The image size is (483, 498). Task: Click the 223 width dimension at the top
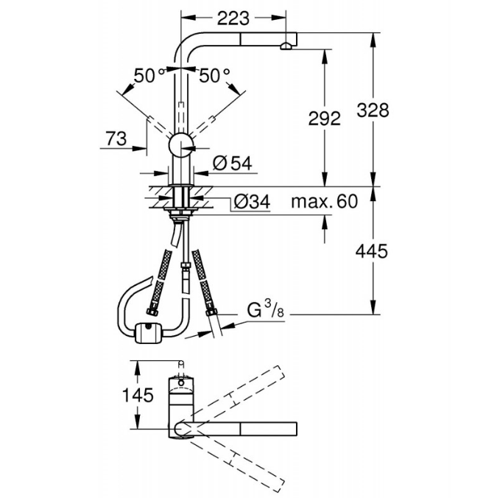pyautogui.click(x=233, y=18)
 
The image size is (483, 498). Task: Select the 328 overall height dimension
pyautogui.click(x=373, y=111)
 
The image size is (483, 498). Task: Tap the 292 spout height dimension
pyautogui.click(x=324, y=119)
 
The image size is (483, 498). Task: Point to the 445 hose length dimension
pyautogui.click(x=372, y=251)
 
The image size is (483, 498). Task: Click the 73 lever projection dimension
pyautogui.click(x=116, y=138)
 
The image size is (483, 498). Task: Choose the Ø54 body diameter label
pyautogui.click(x=233, y=164)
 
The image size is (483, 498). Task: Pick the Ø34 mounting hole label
pyautogui.click(x=253, y=201)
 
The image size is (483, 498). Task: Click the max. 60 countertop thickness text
pyautogui.click(x=324, y=201)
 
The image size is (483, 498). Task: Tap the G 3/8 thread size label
pyautogui.click(x=266, y=309)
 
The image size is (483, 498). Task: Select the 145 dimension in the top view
pyautogui.click(x=138, y=396)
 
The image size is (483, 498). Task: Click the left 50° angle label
pyautogui.click(x=149, y=76)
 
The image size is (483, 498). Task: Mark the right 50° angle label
pyautogui.click(x=214, y=76)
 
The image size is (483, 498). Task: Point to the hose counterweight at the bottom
pyautogui.click(x=149, y=333)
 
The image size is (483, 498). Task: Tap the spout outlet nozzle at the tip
pyautogui.click(x=286, y=46)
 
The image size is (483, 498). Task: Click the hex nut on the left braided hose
pyautogui.click(x=152, y=312)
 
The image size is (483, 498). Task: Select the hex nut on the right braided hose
pyautogui.click(x=211, y=312)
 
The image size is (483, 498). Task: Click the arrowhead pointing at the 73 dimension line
pyautogui.click(x=140, y=148)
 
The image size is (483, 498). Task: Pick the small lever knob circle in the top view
pyautogui.click(x=181, y=383)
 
